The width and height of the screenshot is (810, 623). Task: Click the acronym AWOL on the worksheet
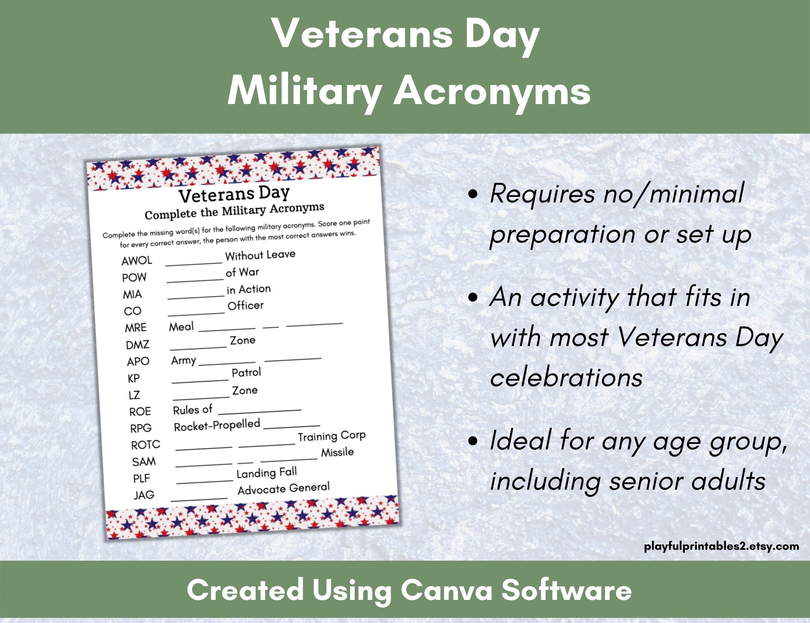[136, 260]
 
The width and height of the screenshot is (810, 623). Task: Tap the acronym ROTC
[145, 444]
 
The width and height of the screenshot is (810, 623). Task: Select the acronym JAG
[144, 495]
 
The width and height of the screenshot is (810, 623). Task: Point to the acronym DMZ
[138, 345]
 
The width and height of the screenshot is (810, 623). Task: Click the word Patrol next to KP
[246, 372]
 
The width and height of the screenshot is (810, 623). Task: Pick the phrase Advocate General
[283, 488]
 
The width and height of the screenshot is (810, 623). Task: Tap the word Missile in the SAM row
[337, 452]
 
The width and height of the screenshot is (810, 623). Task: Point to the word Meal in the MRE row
[181, 326]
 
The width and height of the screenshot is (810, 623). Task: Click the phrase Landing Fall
[267, 473]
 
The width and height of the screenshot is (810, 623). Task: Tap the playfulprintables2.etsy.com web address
[721, 546]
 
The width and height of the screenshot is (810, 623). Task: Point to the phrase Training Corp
[331, 436]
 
